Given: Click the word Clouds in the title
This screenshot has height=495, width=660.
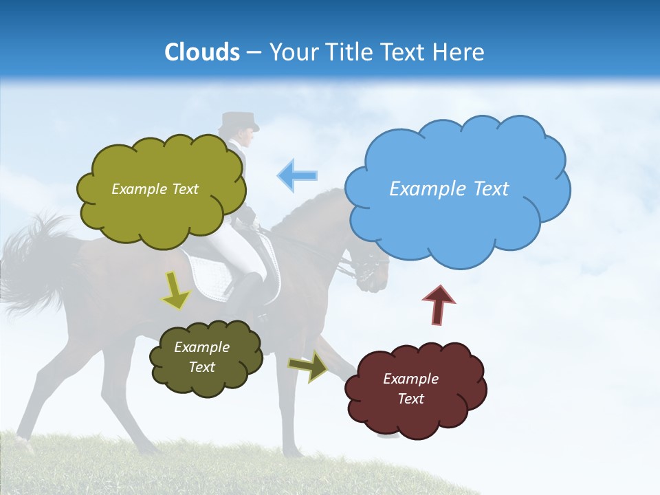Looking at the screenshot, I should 201,52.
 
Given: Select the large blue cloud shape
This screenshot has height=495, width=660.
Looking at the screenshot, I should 457,206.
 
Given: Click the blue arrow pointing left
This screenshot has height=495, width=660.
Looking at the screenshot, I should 297,175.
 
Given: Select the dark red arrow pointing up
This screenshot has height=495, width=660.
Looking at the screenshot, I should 438,305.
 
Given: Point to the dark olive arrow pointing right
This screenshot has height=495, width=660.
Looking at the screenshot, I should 307,366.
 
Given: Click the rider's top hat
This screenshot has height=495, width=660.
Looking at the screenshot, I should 239,121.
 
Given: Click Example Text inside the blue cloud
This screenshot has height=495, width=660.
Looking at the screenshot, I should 449,189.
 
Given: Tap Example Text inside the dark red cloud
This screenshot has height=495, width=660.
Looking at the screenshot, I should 410,388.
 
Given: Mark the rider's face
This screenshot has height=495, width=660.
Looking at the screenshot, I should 246,137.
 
